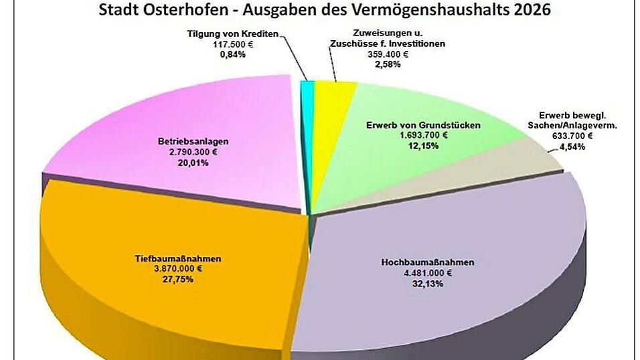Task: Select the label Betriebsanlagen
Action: (193, 142)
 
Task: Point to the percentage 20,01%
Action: (193, 162)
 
